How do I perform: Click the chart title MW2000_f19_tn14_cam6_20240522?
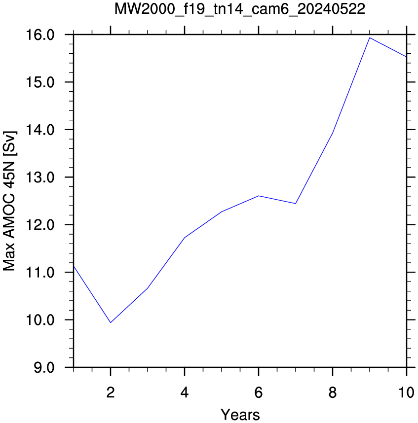(240, 9)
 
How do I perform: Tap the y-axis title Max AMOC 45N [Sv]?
(10, 201)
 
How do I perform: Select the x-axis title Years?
(240, 415)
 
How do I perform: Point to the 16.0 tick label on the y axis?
(40, 35)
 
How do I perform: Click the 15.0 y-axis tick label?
(40, 82)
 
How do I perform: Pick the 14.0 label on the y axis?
(40, 130)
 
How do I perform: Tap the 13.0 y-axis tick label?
(40, 177)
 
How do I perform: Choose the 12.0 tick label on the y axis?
(40, 225)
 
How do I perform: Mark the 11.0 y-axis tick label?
(40, 273)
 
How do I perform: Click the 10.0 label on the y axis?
(40, 320)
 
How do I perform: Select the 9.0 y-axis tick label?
(44, 368)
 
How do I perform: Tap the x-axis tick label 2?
(111, 392)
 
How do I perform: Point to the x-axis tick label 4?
(185, 392)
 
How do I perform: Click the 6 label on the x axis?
(259, 392)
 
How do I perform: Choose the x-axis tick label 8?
(333, 392)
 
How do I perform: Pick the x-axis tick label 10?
(406, 392)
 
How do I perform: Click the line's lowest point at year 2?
(111, 322)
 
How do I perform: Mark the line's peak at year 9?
(370, 38)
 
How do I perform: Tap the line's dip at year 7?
(296, 204)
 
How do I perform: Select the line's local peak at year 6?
(259, 196)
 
